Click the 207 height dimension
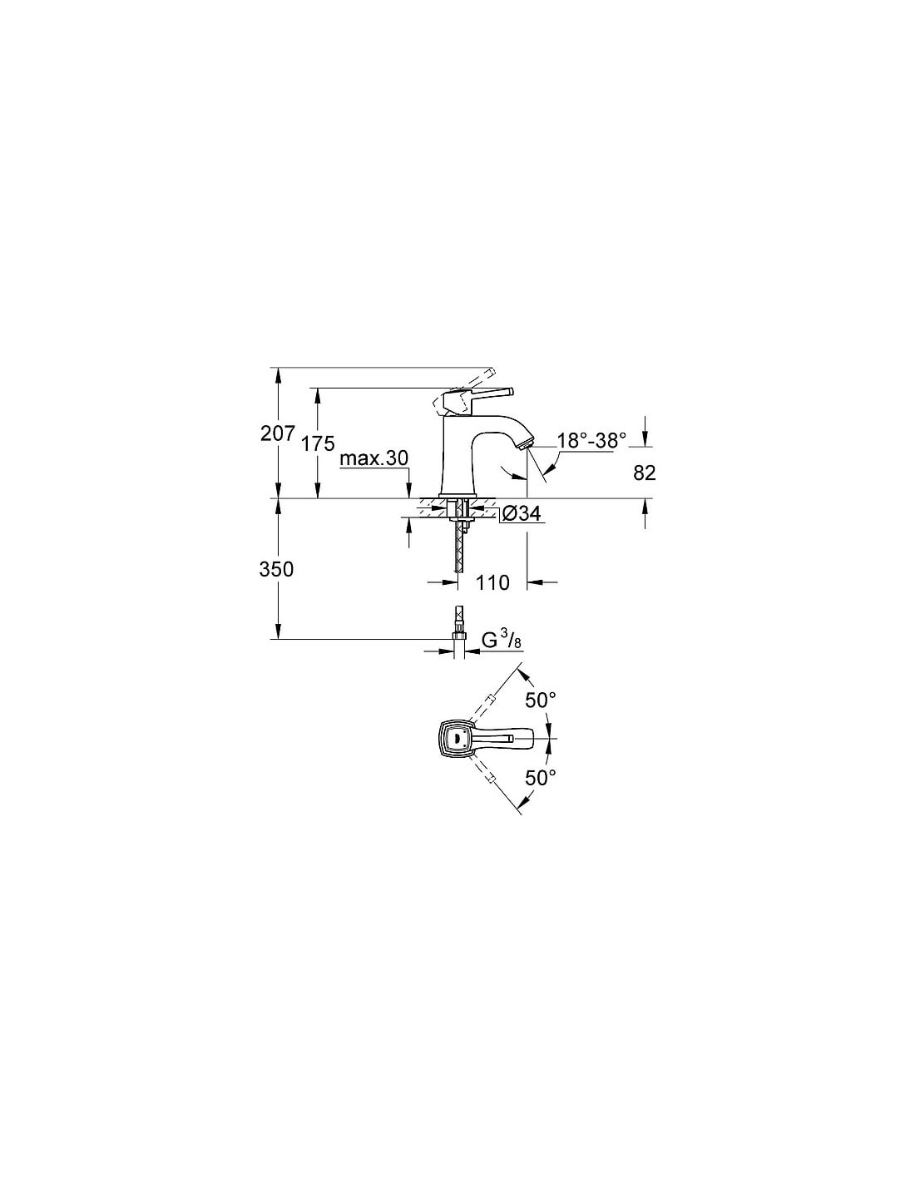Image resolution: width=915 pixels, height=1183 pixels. pos(277,433)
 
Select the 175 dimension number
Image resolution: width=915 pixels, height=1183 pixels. pos(319,443)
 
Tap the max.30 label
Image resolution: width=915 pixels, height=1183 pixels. pos(373,458)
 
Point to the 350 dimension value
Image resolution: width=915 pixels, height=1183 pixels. pos(276,569)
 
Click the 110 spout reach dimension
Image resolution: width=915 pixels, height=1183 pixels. pos(492,583)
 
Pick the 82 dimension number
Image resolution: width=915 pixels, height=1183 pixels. pos(645,473)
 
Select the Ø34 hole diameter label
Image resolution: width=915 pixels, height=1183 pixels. pos(520,512)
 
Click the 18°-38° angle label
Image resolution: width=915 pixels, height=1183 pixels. pos(591,440)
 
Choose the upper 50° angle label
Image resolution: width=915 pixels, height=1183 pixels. pos(540,700)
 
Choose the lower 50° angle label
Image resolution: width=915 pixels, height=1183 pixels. pos(540,778)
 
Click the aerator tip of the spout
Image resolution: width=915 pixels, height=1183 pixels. pos(525,442)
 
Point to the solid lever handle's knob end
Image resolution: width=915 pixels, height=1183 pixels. pos(509,392)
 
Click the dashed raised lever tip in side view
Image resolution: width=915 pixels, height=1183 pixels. pos(492,373)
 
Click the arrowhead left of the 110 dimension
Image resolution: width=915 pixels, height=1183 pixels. pos(451,583)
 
